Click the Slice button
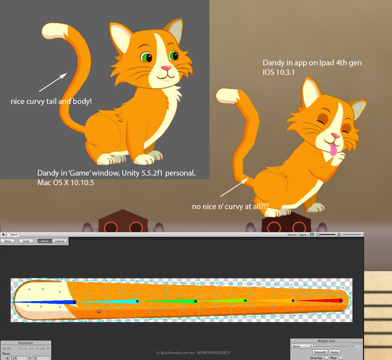coord(8,241)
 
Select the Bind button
coord(45,241)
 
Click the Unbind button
coord(59,241)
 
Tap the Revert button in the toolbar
coord(292,235)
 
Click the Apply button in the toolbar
coord(303,235)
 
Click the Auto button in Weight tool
coord(335,352)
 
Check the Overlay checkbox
coord(326,358)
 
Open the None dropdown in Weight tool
coord(302,346)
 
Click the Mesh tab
coord(14,235)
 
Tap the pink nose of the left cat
coord(166,68)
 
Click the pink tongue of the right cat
coord(333,150)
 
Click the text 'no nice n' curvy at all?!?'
coord(230,207)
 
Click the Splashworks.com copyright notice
coord(193,352)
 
